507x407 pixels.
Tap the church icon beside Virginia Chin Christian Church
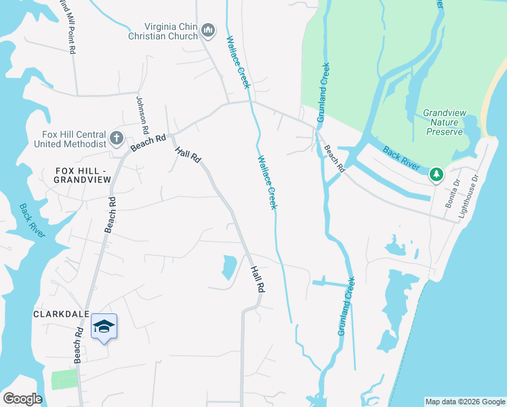207,30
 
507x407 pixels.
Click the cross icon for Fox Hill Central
117,138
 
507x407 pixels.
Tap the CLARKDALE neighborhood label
59,315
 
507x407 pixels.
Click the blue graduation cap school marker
104,328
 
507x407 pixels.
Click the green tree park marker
437,176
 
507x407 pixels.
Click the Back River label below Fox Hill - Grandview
32,220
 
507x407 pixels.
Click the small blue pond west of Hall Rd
229,267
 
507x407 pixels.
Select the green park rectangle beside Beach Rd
64,379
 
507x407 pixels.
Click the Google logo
23,399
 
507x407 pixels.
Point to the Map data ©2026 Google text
464,402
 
